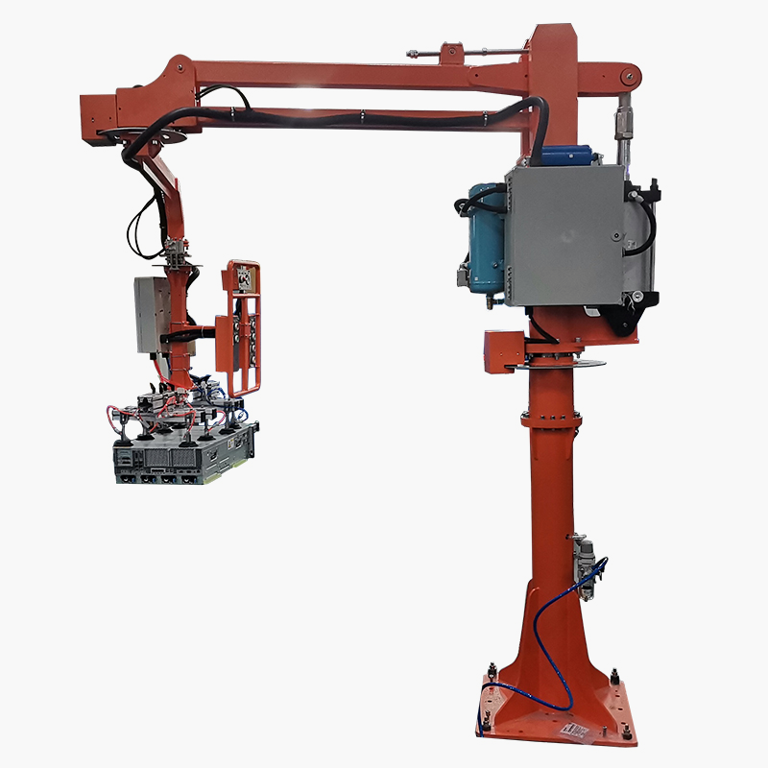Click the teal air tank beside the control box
[485, 240]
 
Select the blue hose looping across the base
[533, 662]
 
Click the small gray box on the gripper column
[152, 312]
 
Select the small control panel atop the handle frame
[241, 278]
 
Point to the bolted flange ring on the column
[552, 418]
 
